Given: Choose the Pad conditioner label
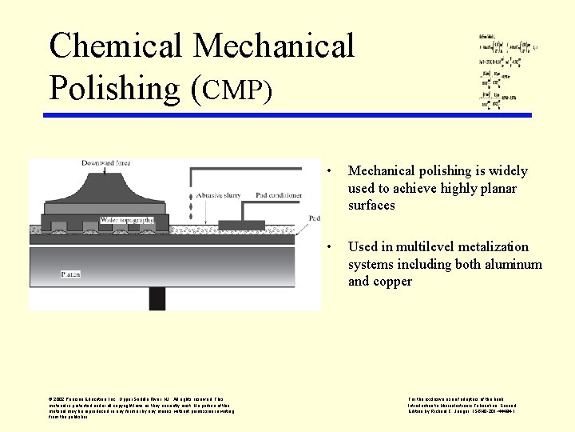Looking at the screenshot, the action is pyautogui.click(x=279, y=194).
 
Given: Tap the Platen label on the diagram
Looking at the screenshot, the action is pyautogui.click(x=71, y=274).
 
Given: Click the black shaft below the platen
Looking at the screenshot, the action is pyautogui.click(x=157, y=298).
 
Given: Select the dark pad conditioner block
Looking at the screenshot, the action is pyautogui.click(x=241, y=225).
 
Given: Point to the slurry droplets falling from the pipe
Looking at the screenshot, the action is pyautogui.click(x=189, y=206).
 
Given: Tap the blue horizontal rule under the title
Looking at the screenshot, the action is pyautogui.click(x=287, y=115).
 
